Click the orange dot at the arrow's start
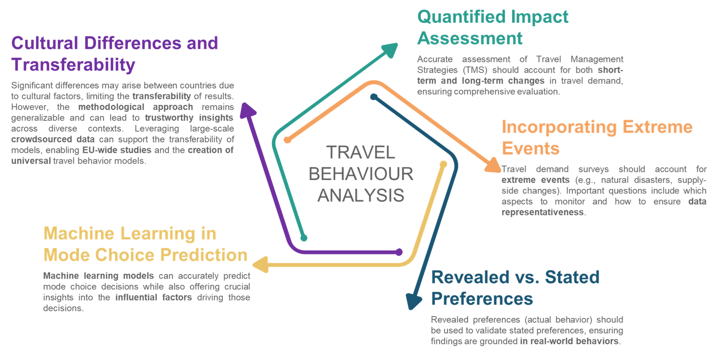click(x=288, y=140)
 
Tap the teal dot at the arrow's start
click(x=304, y=238)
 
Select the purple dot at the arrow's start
click(x=399, y=252)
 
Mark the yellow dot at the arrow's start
click(x=443, y=164)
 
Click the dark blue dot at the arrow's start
click(x=373, y=97)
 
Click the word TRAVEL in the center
click(x=361, y=152)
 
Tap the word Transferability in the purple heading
click(x=73, y=65)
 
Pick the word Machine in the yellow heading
click(x=79, y=234)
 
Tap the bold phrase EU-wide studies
click(x=117, y=150)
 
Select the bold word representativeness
click(x=542, y=213)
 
